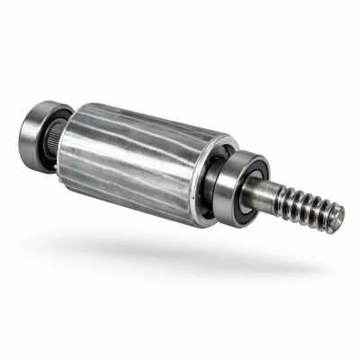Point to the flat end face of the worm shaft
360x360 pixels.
(335, 219)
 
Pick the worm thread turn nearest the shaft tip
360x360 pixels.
(324, 216)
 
